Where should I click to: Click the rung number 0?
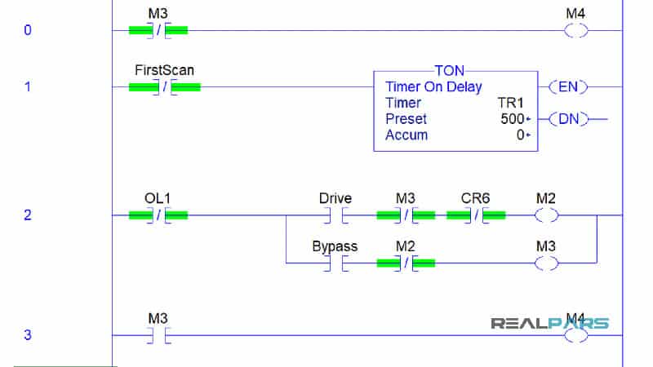click(x=27, y=31)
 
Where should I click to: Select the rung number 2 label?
click(x=27, y=215)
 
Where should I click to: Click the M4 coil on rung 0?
click(x=575, y=31)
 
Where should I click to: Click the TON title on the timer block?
click(x=449, y=72)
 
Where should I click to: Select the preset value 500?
click(x=511, y=119)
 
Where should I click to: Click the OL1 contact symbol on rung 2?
click(x=158, y=215)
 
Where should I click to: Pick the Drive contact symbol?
click(x=335, y=215)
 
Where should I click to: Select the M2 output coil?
click(x=546, y=215)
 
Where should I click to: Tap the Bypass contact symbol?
click(x=335, y=263)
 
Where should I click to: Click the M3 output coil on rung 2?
click(x=546, y=263)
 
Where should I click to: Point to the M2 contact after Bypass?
click(x=405, y=263)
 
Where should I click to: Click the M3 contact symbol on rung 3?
click(x=158, y=335)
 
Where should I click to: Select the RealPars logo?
click(x=549, y=323)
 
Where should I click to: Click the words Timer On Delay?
click(x=433, y=87)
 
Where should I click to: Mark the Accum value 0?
click(x=520, y=135)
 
